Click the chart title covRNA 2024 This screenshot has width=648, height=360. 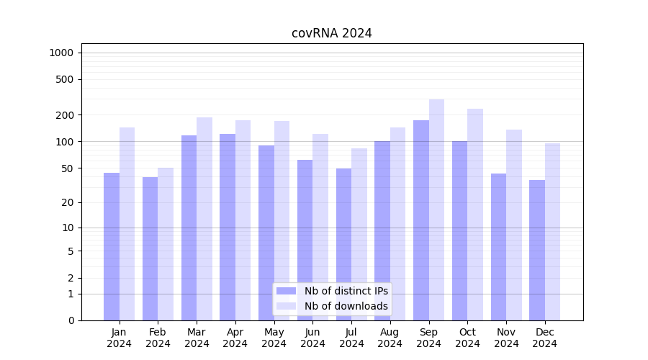pyautogui.click(x=331, y=33)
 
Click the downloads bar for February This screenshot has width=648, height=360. pyautogui.click(x=166, y=244)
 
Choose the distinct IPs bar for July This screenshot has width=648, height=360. pyautogui.click(x=343, y=244)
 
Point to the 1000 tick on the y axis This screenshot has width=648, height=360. pyautogui.click(x=60, y=53)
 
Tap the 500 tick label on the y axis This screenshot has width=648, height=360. pyautogui.click(x=65, y=79)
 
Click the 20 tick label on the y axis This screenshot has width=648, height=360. pyautogui.click(x=68, y=202)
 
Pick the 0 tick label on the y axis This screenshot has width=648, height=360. pyautogui.click(x=71, y=320)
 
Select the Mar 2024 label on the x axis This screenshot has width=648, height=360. pyautogui.click(x=197, y=338)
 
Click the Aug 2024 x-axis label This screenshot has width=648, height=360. pyautogui.click(x=390, y=338)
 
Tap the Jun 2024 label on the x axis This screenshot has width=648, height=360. pyautogui.click(x=312, y=338)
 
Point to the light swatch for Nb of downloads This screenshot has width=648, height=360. pyautogui.click(x=286, y=306)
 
